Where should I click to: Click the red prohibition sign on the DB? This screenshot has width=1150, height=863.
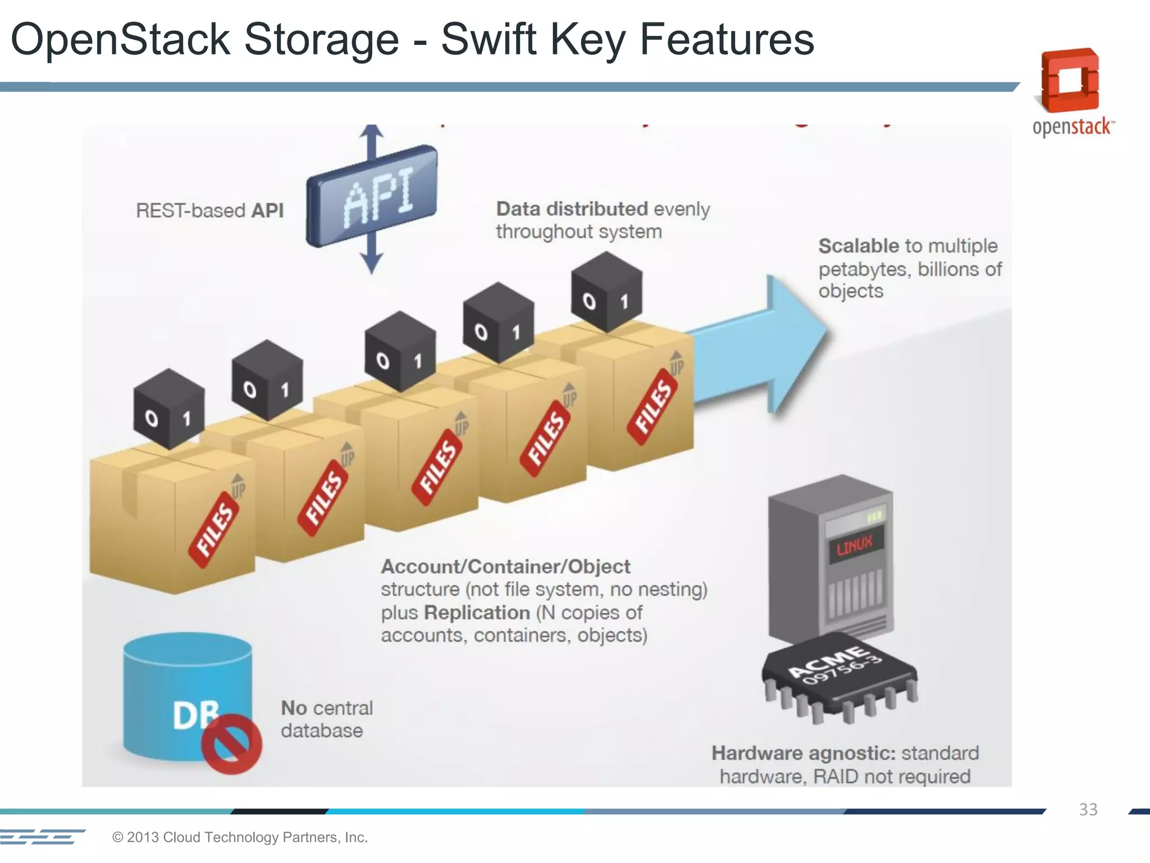(231, 744)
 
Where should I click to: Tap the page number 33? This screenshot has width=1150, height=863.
(1088, 810)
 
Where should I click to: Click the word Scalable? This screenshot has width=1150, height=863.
(859, 246)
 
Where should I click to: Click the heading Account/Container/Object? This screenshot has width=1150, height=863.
(505, 566)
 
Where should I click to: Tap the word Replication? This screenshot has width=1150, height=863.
(477, 612)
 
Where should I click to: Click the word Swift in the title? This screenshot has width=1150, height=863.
(488, 39)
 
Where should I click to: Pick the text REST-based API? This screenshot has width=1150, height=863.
(209, 211)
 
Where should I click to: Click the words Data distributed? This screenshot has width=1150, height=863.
(572, 209)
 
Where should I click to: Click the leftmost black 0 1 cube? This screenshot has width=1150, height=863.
(169, 410)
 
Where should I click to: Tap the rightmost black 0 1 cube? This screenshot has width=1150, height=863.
(606, 292)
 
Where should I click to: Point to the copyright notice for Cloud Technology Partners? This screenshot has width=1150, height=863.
(240, 837)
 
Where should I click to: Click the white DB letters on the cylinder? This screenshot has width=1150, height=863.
(194, 715)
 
